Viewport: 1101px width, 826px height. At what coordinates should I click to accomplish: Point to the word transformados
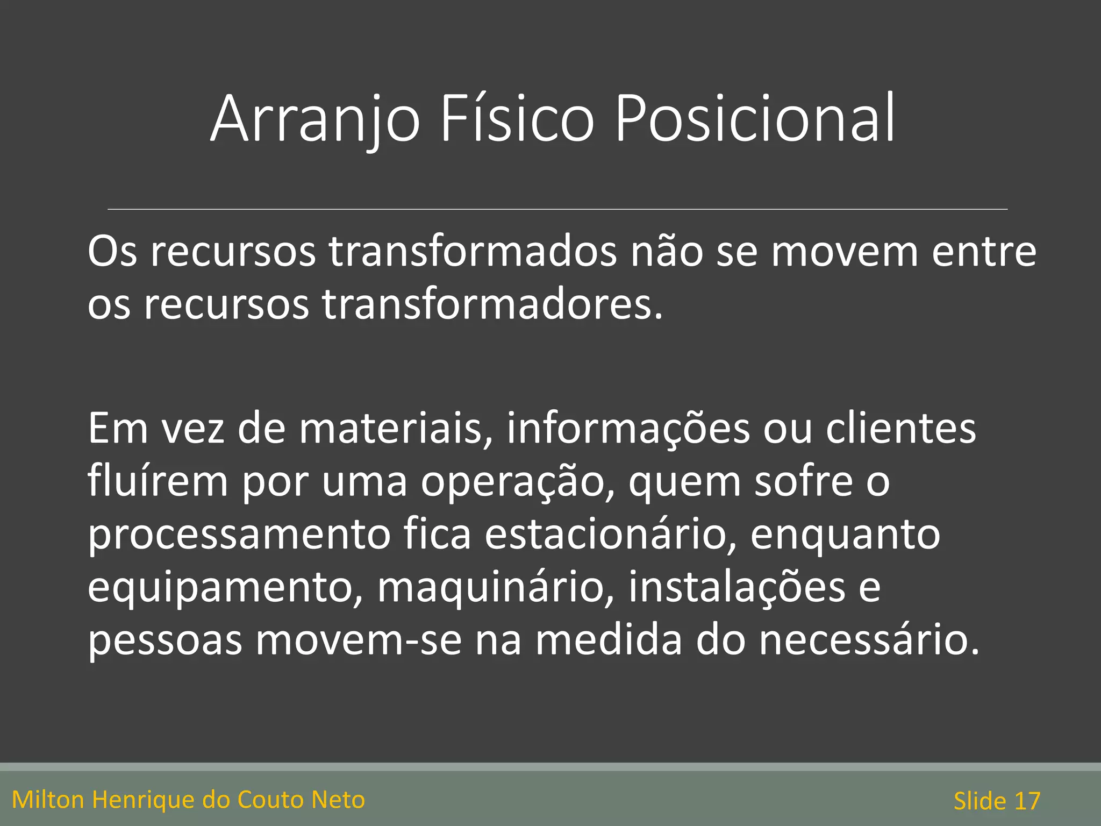coord(473,252)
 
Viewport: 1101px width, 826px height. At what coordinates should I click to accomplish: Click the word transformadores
coord(492,305)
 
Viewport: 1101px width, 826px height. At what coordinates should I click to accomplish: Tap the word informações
coord(628,429)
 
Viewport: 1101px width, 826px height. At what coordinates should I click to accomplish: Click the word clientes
coord(900,429)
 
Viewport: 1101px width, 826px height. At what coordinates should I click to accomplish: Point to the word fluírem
coord(158,481)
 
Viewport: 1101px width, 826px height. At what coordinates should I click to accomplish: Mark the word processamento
coord(239,535)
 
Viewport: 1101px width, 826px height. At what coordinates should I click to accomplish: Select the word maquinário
coord(495,587)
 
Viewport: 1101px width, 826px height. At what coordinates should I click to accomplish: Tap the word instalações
coord(737,587)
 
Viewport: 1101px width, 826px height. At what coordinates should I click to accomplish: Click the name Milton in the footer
coord(48,800)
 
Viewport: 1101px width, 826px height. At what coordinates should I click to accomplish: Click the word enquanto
coord(845,535)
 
